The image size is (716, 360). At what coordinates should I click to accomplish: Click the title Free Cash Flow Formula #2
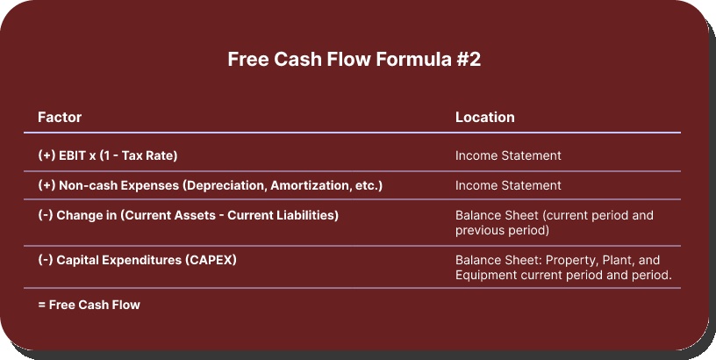point(354,60)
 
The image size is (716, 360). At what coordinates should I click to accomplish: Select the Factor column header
point(60,117)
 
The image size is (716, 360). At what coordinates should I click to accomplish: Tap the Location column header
point(484,117)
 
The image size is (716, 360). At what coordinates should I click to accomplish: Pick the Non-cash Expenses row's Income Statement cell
point(508,185)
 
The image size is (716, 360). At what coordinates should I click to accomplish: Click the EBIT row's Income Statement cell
point(508,155)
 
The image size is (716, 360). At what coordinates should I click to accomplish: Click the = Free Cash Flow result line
point(89,305)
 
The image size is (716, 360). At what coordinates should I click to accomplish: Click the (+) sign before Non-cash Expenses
point(47,185)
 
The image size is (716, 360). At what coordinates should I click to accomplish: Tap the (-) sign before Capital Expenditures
point(46,261)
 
